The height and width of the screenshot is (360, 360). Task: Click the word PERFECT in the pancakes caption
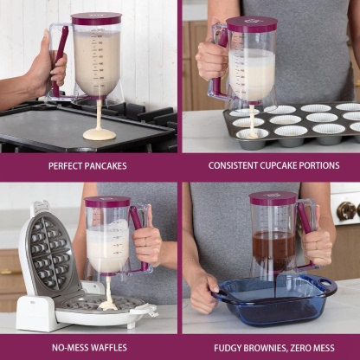67,165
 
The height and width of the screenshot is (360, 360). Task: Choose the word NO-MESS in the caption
70,346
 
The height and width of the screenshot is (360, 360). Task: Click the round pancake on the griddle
99,134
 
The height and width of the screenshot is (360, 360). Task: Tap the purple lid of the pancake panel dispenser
96,18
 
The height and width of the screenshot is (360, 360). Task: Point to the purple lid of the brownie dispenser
273,198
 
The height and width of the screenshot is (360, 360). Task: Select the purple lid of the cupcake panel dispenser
250,24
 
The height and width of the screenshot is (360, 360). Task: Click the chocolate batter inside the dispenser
273,246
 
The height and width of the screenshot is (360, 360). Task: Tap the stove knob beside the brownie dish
347,210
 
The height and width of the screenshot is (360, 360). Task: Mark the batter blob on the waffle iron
107,304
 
